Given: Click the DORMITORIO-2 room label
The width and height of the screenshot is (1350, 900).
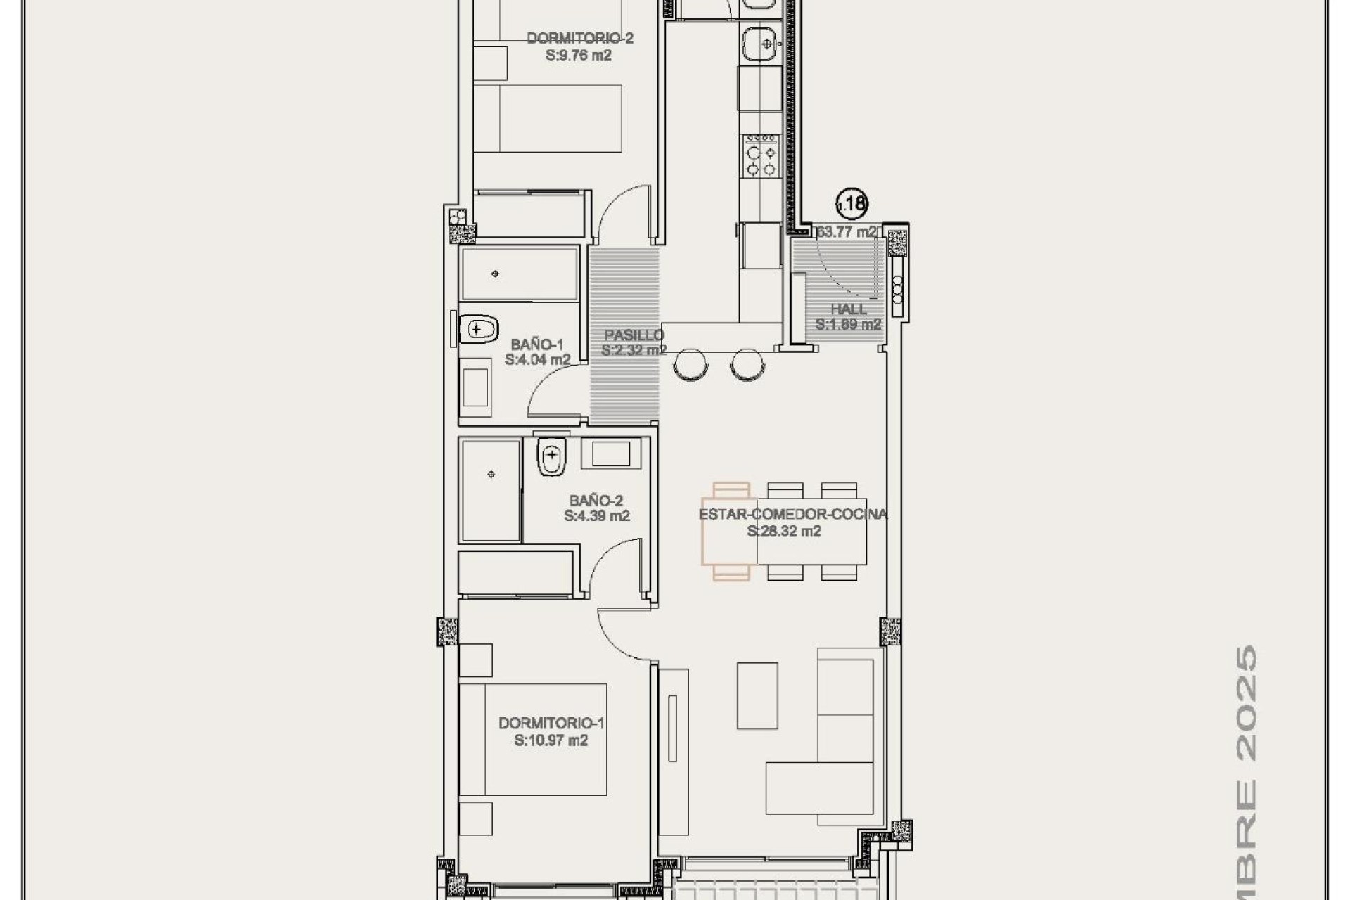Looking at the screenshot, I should [579, 39].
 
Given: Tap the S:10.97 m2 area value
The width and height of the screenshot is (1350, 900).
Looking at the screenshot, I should [551, 740].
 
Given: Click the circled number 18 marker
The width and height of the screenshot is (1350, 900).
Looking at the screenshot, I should [851, 204].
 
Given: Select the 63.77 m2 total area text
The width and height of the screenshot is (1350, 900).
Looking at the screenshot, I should [847, 232].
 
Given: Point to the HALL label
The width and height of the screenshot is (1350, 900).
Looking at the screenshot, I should [848, 309].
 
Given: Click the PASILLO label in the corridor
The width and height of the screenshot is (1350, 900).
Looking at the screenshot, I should [634, 335].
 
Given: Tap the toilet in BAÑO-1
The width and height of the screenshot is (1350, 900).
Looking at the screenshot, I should [478, 328].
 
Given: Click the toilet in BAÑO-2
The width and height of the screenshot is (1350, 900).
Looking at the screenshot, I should [551, 458].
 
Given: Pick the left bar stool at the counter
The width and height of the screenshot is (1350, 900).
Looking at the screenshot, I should [690, 364].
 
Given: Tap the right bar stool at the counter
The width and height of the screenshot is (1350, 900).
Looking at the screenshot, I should [746, 364].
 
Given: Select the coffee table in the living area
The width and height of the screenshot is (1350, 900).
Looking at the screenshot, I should [757, 695].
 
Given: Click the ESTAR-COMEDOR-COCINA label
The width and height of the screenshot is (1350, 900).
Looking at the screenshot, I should [792, 514].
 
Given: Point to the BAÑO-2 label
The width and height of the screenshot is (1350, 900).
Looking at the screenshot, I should [596, 501].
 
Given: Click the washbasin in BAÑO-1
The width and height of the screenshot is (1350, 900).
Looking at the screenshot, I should [476, 383].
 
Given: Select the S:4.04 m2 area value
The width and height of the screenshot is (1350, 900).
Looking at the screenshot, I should [537, 360].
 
